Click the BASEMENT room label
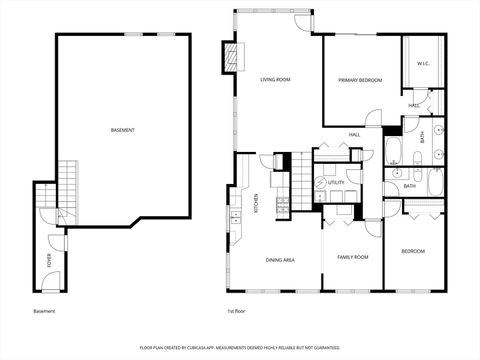123,130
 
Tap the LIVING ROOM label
275,79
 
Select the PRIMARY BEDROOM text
360,79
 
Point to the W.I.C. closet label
423,64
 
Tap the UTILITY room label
336,183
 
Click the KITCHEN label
256,203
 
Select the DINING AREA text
280,260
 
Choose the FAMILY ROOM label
352,257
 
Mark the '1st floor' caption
236,311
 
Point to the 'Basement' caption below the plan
44,311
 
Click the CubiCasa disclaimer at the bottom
240,347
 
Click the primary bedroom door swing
372,118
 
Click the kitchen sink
236,216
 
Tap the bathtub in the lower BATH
435,182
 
